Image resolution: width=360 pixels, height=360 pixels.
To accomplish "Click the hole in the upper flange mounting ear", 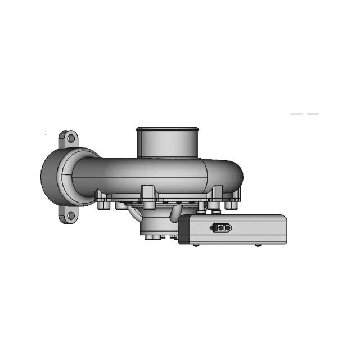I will pyautogui.click(x=70, y=137).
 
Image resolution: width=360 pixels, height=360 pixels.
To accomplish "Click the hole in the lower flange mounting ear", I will pyautogui.click(x=70, y=215).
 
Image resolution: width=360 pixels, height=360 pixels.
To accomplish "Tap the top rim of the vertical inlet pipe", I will pyautogui.click(x=167, y=129).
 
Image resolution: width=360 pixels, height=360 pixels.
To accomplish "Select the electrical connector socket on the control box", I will pyautogui.click(x=220, y=228).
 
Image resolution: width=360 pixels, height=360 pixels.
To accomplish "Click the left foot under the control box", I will pyautogui.click(x=195, y=245).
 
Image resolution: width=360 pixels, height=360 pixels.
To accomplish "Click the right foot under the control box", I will pyautogui.click(x=258, y=245).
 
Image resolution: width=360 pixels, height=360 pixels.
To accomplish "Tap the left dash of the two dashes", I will pyautogui.click(x=296, y=114).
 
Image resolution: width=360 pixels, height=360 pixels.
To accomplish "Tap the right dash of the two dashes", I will pyautogui.click(x=313, y=114).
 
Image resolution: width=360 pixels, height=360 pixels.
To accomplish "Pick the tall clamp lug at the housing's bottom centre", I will pyautogui.click(x=148, y=195).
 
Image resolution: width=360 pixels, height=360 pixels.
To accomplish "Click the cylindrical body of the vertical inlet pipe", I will pyautogui.click(x=167, y=143).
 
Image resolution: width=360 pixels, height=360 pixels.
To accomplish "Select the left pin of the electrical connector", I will pyautogui.click(x=218, y=228).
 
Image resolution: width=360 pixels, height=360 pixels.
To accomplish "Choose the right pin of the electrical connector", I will pyautogui.click(x=224, y=228).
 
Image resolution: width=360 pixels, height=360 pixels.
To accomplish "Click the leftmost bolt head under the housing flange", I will pyautogui.click(x=102, y=205).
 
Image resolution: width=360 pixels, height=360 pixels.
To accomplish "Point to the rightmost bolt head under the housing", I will pyautogui.click(x=231, y=205).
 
